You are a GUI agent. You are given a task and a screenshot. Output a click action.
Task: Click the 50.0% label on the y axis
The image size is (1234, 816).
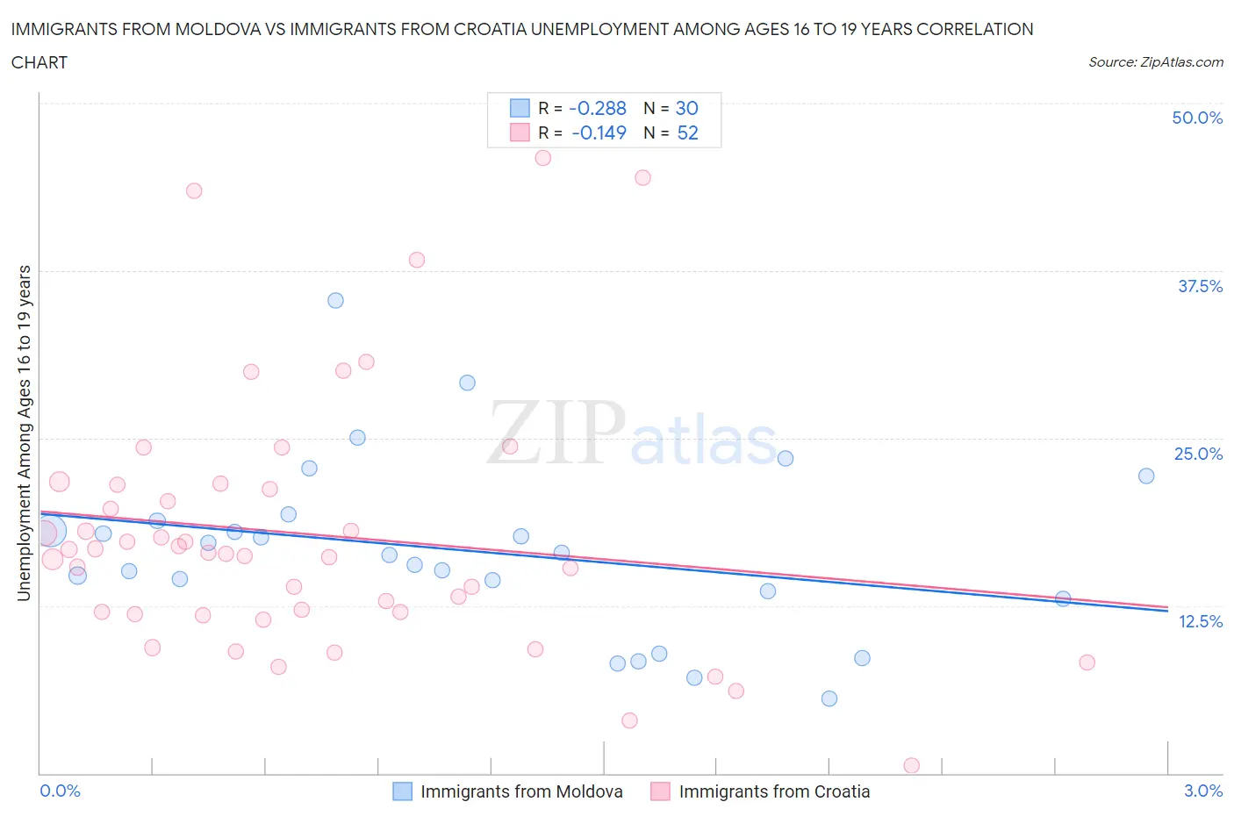1197,118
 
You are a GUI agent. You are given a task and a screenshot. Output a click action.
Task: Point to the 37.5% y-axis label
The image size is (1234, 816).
1200,286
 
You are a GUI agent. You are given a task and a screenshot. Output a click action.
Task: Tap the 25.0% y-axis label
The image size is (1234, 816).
1198,454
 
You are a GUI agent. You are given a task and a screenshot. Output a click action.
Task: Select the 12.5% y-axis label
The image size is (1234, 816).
1200,621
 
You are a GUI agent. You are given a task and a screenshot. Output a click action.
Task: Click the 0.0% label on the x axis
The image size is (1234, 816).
60,791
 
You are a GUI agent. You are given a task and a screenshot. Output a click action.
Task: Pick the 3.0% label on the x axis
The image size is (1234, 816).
1202,791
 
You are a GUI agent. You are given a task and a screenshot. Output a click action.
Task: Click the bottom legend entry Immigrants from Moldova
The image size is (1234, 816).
521,791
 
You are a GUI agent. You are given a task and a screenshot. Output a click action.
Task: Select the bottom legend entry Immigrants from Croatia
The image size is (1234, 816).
774,791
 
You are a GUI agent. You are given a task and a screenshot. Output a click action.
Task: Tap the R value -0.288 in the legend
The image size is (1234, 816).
598,108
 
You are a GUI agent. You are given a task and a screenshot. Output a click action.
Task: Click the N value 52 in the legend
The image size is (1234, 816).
687,132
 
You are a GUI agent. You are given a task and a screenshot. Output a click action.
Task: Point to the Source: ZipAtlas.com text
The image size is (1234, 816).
1155,62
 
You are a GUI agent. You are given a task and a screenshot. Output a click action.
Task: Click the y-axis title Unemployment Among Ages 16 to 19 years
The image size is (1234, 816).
24,433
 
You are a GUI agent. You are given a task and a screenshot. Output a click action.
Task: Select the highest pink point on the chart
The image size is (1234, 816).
542,158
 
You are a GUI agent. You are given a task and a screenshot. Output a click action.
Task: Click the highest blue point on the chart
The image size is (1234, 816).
335,300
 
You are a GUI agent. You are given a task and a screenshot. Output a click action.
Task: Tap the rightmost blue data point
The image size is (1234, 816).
1146,476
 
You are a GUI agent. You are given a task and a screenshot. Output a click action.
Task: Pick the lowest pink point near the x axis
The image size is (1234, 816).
911,765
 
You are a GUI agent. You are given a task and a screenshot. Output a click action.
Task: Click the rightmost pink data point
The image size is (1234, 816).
1087,662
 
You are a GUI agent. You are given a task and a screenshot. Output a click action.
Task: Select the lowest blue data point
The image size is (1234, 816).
829,698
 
